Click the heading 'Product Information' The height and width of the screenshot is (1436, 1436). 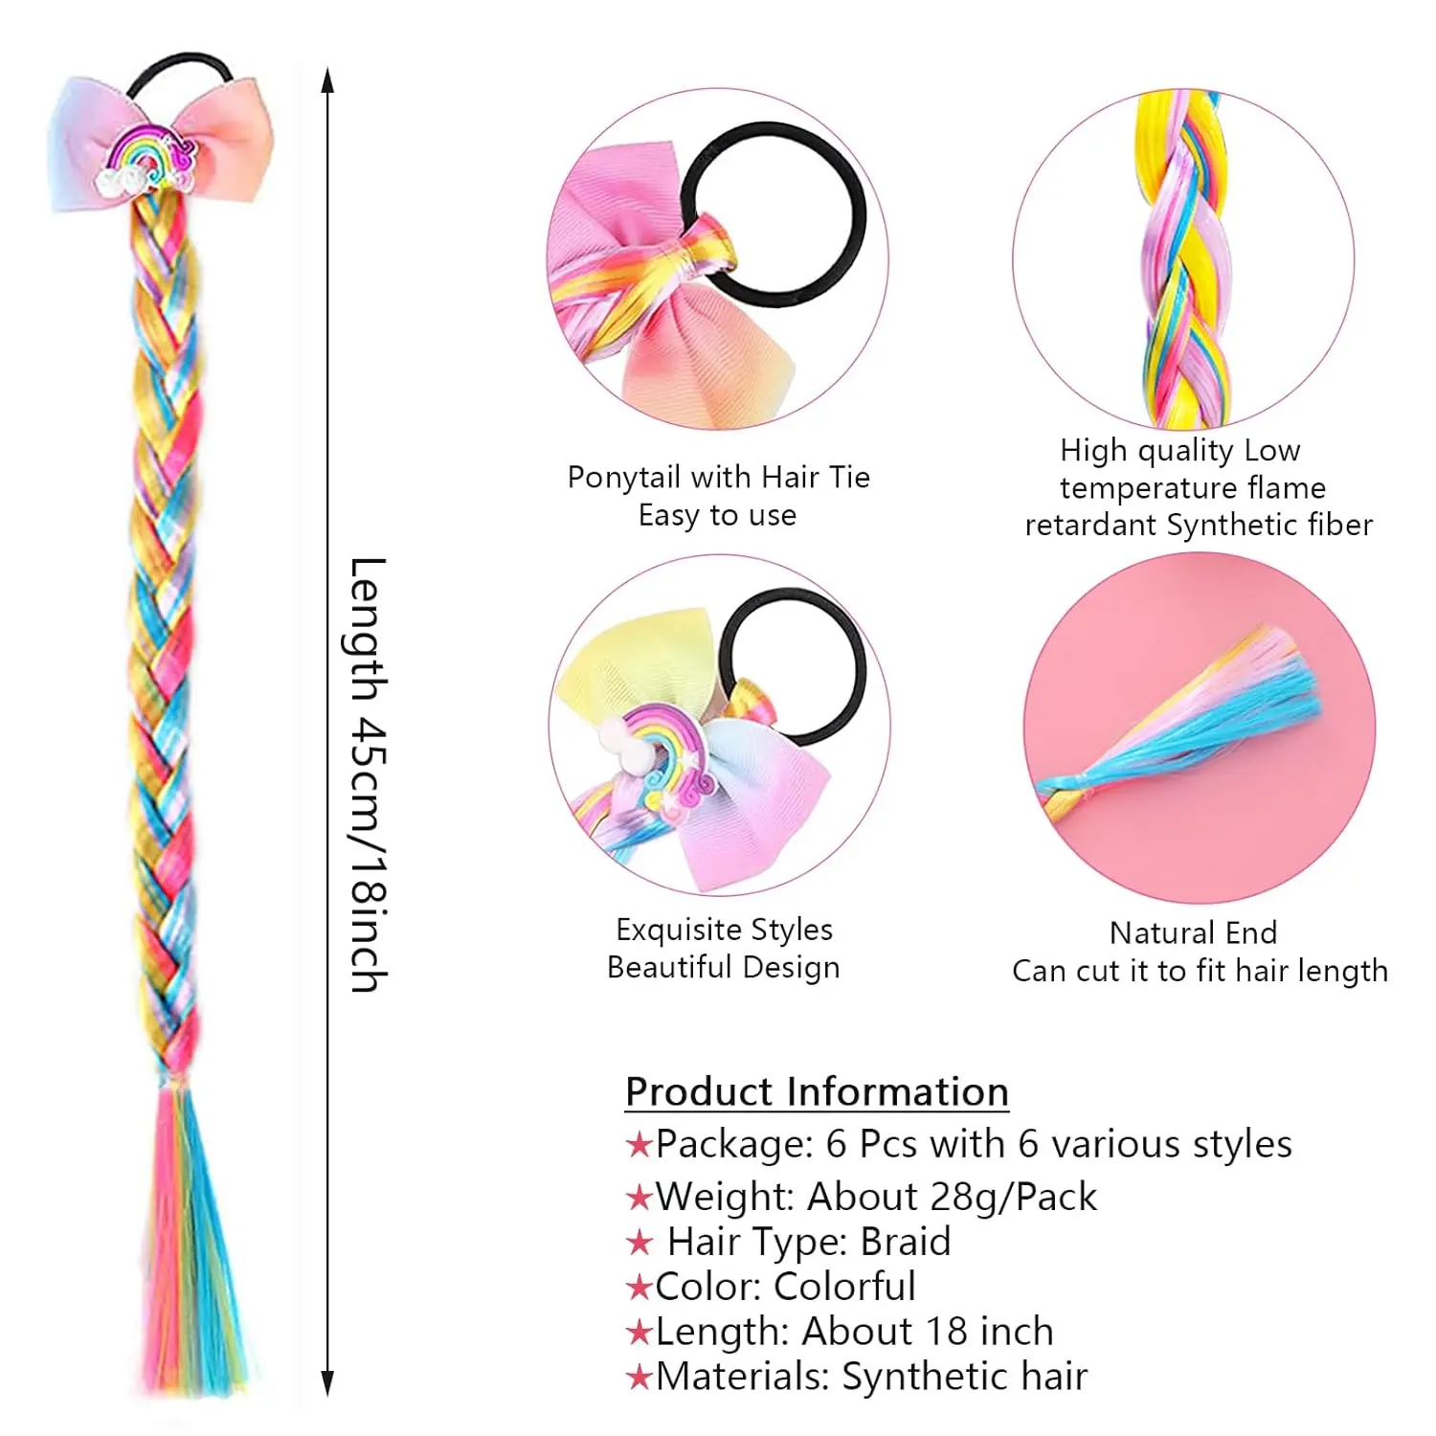tap(817, 1091)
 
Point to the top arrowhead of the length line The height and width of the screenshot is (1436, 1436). tap(327, 80)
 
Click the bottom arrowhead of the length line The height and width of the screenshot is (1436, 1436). tap(327, 1383)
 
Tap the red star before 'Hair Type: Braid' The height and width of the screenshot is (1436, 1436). tap(639, 1244)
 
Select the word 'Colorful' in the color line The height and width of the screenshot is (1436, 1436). tap(844, 1287)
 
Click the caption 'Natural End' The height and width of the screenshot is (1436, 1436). tap(1193, 932)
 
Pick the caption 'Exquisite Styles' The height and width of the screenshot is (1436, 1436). tap(724, 930)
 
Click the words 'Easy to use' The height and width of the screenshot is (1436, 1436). tap(717, 515)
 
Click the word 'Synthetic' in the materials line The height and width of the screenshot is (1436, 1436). tap(912, 1377)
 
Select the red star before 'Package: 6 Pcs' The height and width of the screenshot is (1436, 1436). tap(639, 1145)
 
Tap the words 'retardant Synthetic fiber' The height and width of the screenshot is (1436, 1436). tap(1199, 525)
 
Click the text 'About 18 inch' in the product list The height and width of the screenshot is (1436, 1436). tap(927, 1332)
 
